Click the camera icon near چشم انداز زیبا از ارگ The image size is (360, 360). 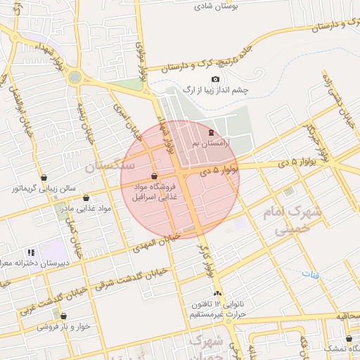click(216, 79)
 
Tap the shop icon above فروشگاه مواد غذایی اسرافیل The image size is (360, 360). click(155, 175)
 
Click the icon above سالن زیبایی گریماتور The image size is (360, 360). click(44, 178)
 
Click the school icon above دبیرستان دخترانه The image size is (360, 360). click(31, 252)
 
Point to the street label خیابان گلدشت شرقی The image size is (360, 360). click(129, 280)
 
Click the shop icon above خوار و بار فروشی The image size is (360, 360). click(64, 316)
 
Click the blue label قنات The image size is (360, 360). click(310, 274)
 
